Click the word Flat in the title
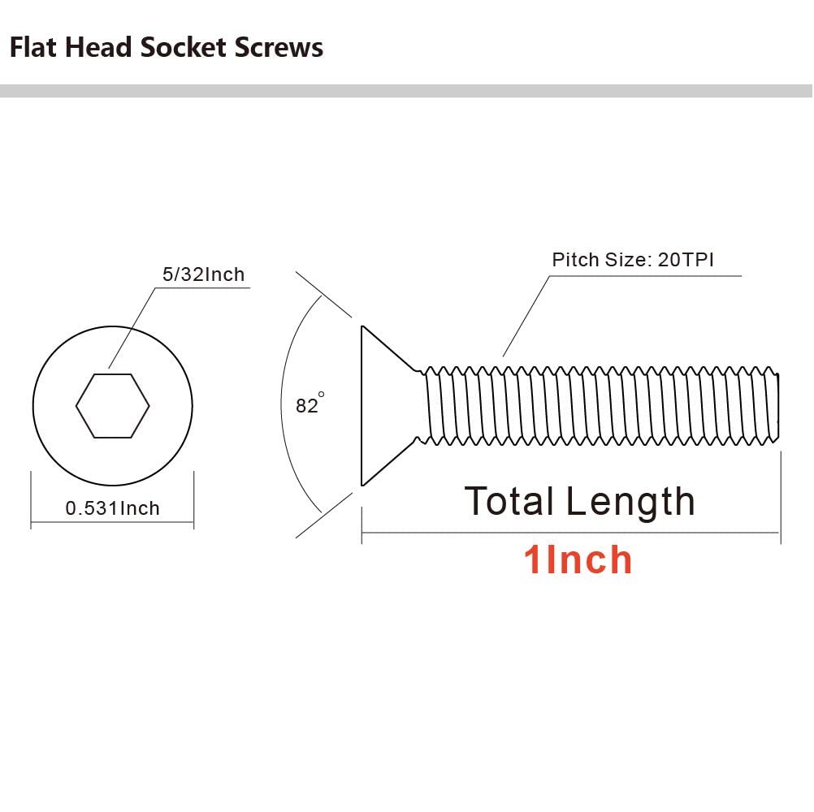click(32, 47)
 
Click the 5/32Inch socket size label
click(203, 274)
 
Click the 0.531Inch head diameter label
click(113, 508)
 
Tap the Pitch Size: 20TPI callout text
click(633, 260)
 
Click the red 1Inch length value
click(578, 560)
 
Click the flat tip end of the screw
click(778, 406)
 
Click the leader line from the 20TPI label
click(526, 317)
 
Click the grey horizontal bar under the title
click(406, 91)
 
